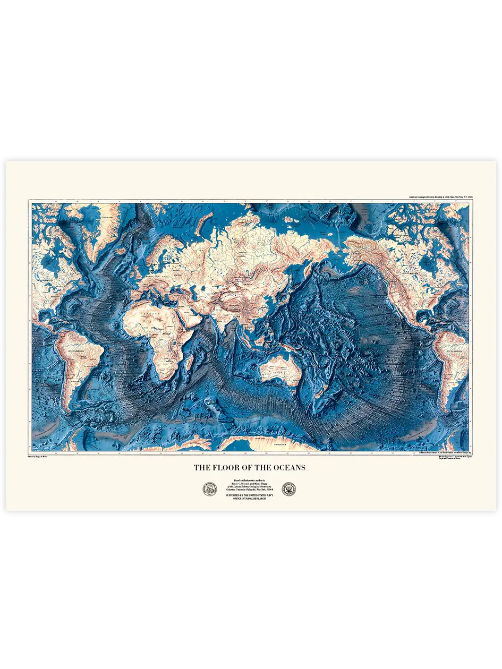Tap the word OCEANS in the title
click(286, 468)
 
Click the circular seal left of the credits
click(210, 490)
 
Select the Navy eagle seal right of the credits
click(289, 489)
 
